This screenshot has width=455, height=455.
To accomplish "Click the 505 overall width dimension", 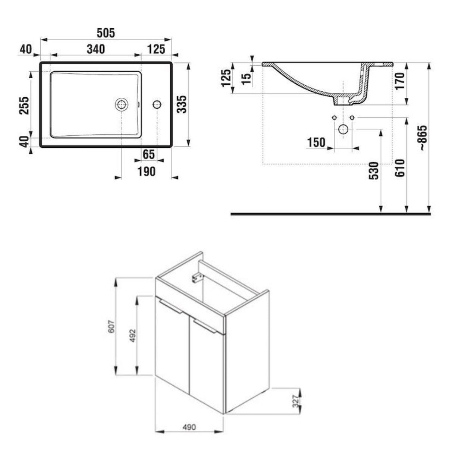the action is (x=106, y=33).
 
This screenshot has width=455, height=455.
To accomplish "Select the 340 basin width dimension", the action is (x=96, y=49).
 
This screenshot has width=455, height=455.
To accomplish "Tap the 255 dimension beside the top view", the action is (x=24, y=105).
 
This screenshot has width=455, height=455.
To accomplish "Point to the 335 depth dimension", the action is (x=182, y=104).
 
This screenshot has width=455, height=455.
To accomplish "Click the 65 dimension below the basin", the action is (x=149, y=154).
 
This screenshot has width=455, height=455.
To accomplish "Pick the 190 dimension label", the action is (x=147, y=172).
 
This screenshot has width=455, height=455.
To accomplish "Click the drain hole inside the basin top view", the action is (x=121, y=104).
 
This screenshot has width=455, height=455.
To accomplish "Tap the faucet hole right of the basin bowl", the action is (x=157, y=104).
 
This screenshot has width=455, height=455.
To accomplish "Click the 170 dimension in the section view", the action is (x=401, y=81).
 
